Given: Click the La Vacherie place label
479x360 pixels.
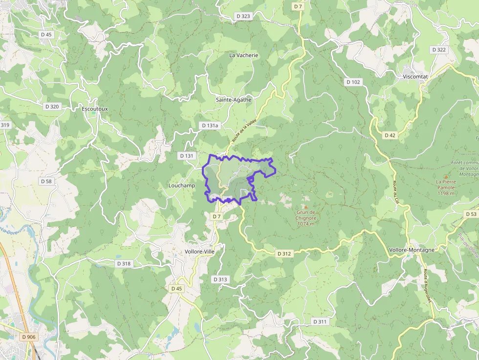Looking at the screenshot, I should point(243,55).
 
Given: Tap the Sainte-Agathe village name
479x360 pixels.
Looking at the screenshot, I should point(234,100).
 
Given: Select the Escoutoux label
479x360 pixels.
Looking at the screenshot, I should point(95,108).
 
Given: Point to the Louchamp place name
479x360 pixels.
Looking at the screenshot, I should point(181,186).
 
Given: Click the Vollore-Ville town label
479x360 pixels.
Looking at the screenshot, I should point(199,252).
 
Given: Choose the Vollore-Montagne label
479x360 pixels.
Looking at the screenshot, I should point(412,250).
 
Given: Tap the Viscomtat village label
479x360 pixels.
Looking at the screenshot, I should point(415,77).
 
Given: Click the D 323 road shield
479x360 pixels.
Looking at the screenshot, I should point(243,16).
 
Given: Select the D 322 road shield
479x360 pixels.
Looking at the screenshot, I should point(439,50).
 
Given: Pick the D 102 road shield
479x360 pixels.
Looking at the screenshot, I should point(352,82).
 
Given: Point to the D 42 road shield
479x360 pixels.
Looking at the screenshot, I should point(390,135).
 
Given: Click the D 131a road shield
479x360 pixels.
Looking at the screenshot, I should point(210,126).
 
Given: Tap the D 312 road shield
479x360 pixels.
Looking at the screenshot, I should point(284,254).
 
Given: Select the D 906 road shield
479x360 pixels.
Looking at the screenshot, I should point(29,337).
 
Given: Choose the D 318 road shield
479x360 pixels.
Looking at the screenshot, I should point(124,263).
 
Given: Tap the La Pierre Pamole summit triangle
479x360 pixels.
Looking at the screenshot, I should point(446,176).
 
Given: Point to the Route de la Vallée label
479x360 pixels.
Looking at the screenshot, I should point(244,131).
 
